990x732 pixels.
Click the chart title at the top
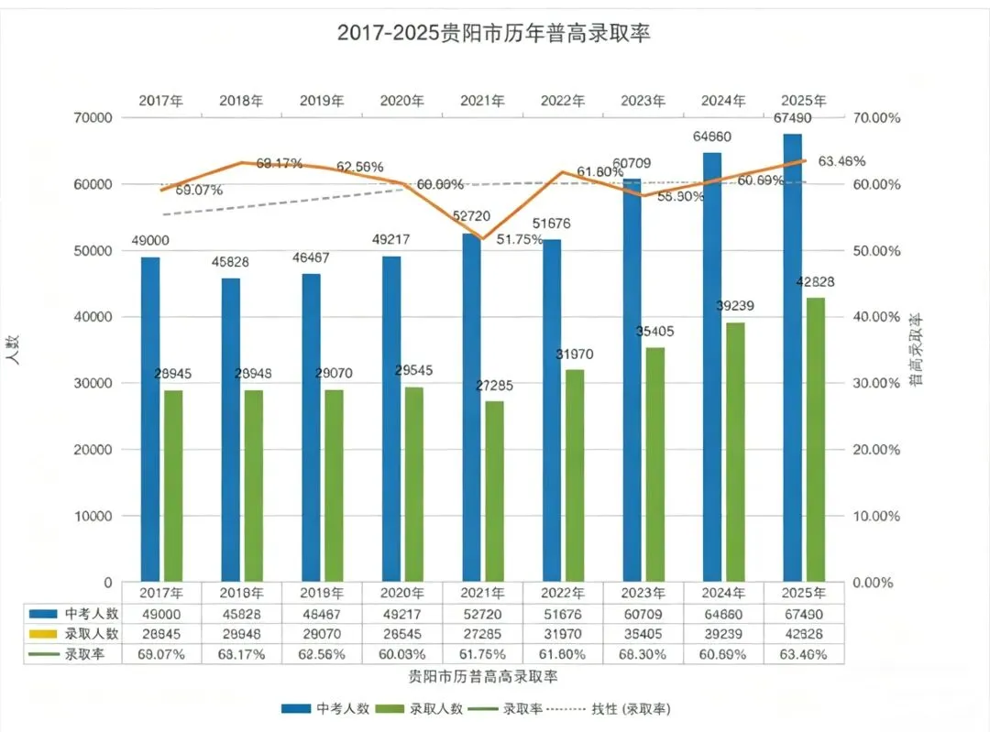tap(494, 34)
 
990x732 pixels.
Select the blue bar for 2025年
tap(792, 357)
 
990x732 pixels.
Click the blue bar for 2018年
tap(230, 430)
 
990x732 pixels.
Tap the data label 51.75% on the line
tap(520, 240)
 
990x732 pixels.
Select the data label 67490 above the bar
tap(793, 118)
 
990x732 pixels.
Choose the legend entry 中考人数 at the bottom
tap(326, 709)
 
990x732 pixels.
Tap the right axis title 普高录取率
tap(915, 348)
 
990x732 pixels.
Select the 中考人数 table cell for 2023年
tap(644, 614)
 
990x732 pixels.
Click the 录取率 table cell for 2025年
tap(803, 654)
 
